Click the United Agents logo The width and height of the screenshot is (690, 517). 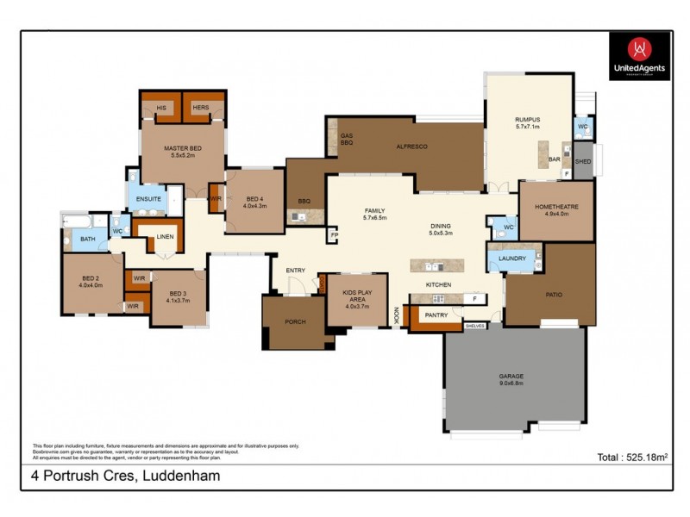(639, 56)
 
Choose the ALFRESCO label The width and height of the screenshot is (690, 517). (411, 146)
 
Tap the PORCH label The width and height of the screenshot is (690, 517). (295, 322)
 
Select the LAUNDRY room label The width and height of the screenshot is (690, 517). (512, 258)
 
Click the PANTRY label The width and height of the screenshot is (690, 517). (436, 315)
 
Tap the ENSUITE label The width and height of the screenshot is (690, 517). (148, 199)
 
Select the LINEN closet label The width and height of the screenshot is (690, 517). (165, 234)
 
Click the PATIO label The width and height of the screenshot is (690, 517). (553, 295)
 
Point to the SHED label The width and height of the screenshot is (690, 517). (582, 161)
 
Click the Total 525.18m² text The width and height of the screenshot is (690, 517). (634, 458)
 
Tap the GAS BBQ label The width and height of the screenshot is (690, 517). (347, 140)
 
